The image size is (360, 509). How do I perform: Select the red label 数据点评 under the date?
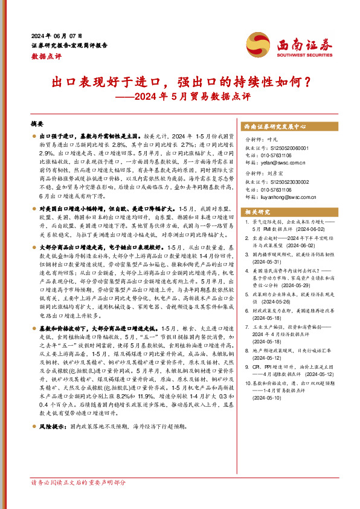[46, 55]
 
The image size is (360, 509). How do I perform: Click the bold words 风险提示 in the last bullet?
[54, 443]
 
